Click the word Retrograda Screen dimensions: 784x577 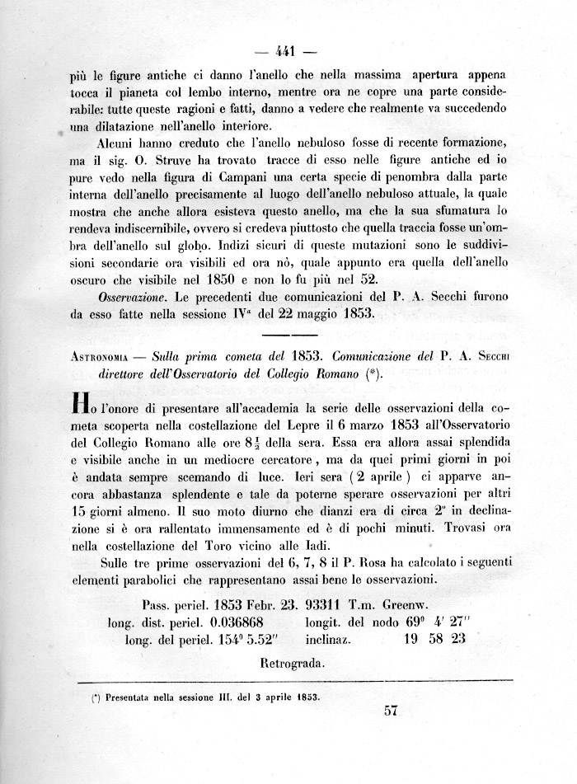(293, 662)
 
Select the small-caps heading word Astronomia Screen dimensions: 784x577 (106, 356)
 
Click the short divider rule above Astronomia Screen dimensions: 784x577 (288, 335)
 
